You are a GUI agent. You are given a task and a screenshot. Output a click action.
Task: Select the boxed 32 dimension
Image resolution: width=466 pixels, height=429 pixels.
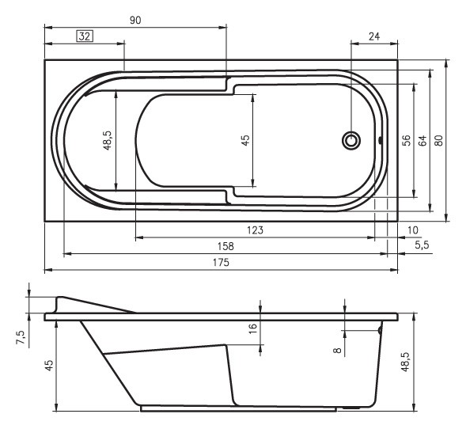[x=85, y=36]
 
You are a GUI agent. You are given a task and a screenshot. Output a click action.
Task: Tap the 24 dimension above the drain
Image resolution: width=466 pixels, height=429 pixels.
[x=374, y=36]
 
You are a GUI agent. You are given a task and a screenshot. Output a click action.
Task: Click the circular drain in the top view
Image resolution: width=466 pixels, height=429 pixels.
[x=350, y=141]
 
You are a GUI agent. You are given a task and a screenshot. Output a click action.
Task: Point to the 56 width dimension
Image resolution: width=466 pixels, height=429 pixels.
[x=405, y=140]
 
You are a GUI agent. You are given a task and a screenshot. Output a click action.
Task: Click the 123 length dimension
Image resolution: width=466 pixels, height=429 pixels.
[x=255, y=230]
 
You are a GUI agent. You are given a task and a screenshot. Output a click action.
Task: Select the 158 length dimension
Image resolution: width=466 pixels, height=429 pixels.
[x=225, y=246]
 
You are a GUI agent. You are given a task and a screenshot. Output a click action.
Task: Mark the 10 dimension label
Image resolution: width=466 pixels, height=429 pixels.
[x=412, y=230]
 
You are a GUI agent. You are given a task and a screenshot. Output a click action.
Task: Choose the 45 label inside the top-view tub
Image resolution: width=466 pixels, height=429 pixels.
[x=245, y=140]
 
